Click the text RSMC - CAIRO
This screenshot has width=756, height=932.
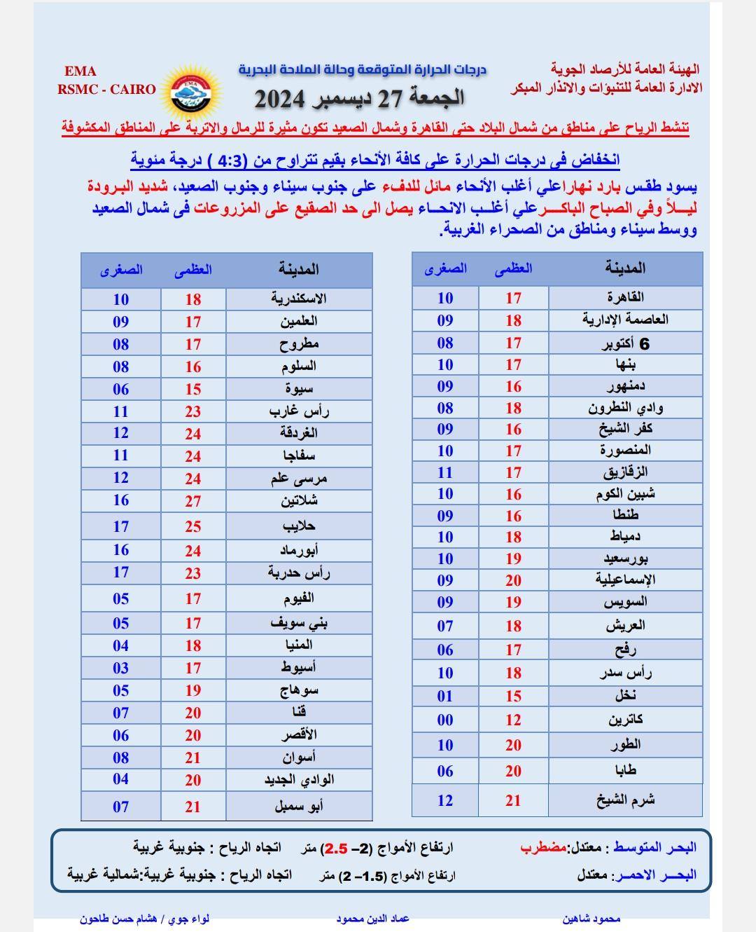point(106,89)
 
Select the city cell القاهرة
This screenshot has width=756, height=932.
point(624,297)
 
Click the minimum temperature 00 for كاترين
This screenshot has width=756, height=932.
point(445,720)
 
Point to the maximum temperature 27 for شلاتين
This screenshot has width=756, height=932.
point(193,501)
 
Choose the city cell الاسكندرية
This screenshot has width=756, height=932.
point(299,299)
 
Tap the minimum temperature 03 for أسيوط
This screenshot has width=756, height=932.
point(121,668)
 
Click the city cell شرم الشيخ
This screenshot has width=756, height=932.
point(625,800)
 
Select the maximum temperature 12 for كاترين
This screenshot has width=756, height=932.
point(514,720)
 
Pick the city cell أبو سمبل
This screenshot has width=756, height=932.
point(299,807)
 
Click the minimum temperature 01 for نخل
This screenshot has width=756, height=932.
point(445,696)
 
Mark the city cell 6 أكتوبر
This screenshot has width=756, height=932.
point(625,343)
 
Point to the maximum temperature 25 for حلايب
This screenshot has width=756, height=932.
point(193,526)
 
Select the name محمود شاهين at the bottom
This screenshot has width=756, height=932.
point(591,919)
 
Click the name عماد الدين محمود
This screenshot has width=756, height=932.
point(372,919)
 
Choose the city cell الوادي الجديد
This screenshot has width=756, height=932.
point(299,780)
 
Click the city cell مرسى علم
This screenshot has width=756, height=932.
point(299,479)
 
